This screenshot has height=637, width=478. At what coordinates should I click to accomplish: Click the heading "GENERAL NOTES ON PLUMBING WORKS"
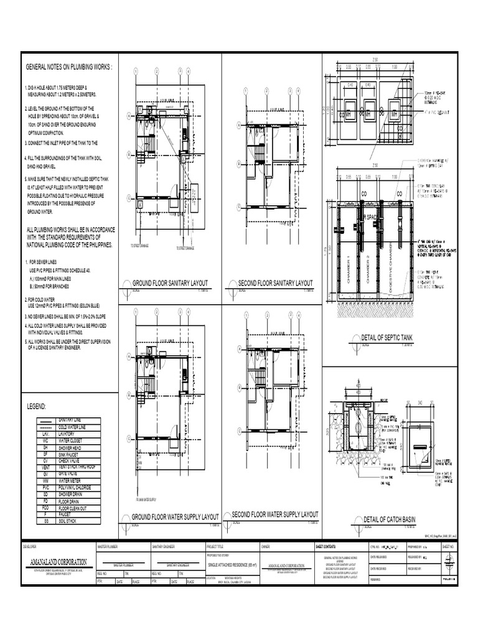click(x=68, y=67)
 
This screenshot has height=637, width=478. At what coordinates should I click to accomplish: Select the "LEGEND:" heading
click(x=36, y=406)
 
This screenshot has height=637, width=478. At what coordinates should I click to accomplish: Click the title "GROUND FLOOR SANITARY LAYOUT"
click(x=169, y=284)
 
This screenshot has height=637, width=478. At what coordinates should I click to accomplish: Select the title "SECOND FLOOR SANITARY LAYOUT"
click(x=275, y=284)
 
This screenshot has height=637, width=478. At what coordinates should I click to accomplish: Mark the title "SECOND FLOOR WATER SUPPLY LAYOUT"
click(x=274, y=515)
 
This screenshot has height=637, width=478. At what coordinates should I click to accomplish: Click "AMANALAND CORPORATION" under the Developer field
click(x=59, y=562)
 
